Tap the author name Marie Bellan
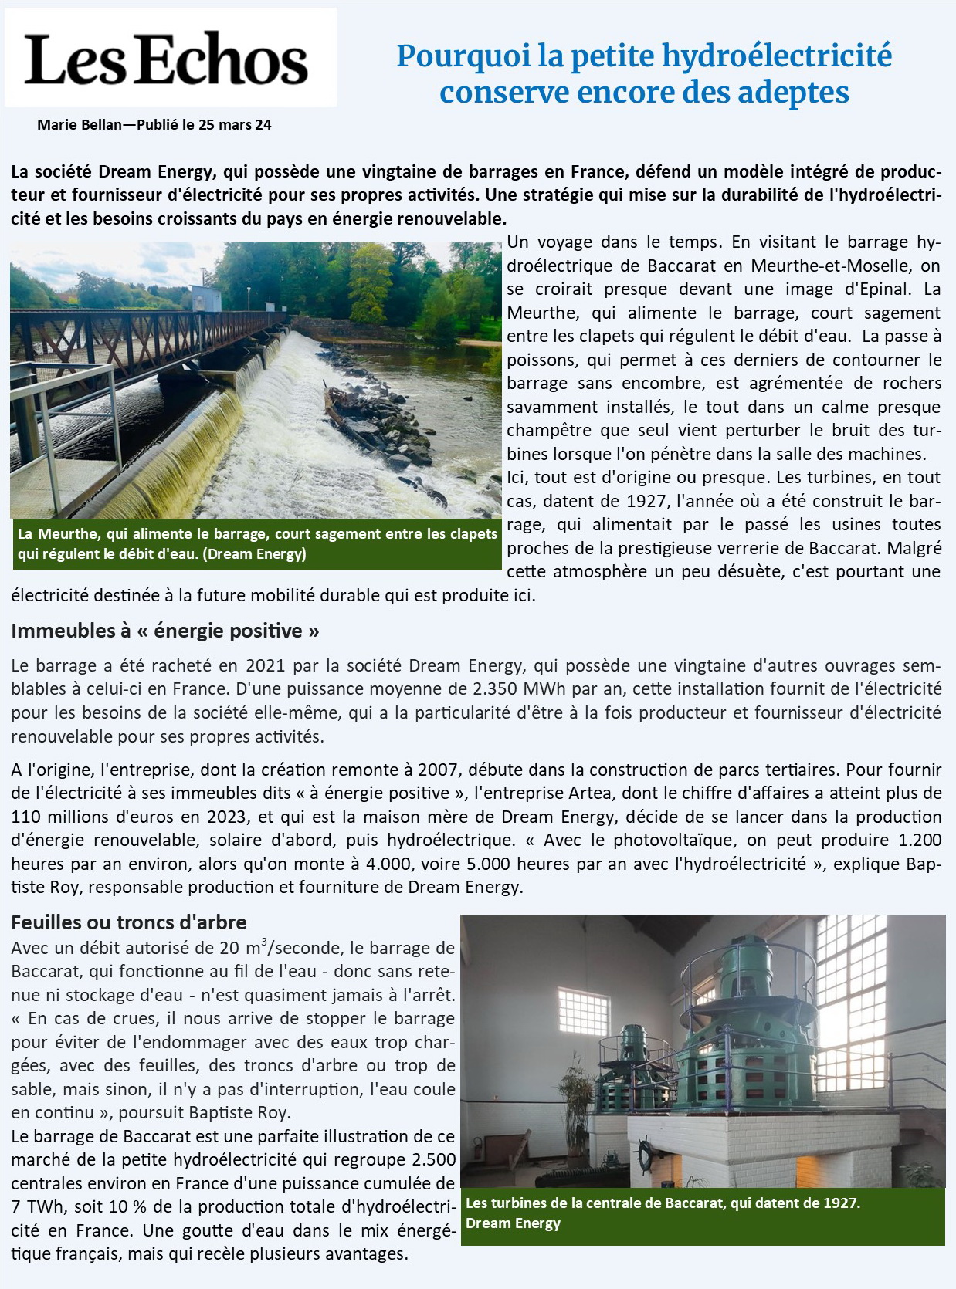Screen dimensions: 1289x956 point(80,124)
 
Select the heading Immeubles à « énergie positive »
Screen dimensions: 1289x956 point(164,631)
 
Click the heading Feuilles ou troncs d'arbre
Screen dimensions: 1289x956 point(129,922)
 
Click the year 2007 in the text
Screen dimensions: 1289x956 point(438,770)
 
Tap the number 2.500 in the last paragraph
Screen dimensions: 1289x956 point(434,1159)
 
